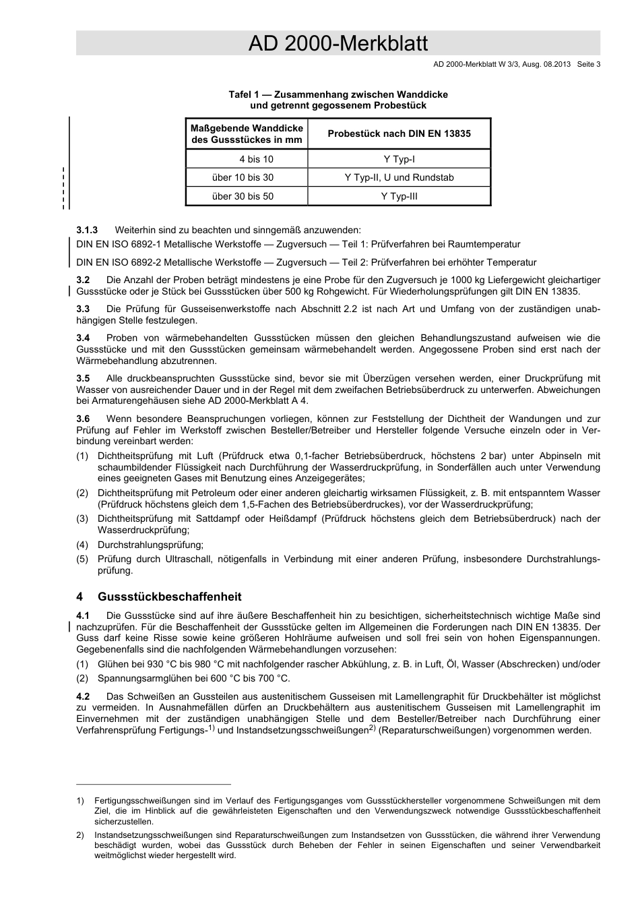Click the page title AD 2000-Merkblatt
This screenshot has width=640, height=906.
pos(338,44)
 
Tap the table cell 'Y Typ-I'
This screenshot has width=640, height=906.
pos(399,159)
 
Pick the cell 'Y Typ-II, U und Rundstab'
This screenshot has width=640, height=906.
pos(399,177)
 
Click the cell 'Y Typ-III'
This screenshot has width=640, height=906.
pos(399,196)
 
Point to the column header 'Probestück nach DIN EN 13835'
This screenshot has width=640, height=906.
pos(399,133)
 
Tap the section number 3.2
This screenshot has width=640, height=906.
pos(84,280)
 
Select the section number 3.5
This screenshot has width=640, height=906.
pos(84,378)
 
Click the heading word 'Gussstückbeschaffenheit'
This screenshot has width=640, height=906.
pos(169,597)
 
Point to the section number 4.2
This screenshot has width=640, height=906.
pos(84,696)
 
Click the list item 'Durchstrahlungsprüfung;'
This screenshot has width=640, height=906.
pos(150,544)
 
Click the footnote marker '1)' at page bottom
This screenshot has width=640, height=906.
pos(80,801)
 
